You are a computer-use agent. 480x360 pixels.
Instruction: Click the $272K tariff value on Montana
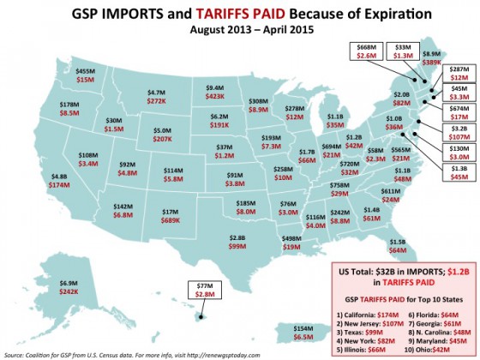click(157, 99)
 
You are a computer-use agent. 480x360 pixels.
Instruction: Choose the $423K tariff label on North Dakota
click(217, 96)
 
